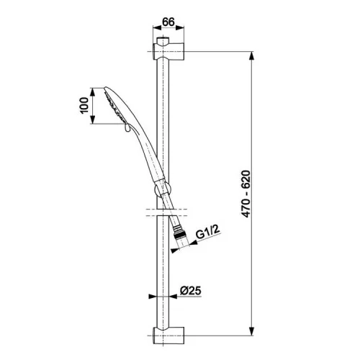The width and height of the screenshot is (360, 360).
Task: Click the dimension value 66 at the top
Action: point(168,22)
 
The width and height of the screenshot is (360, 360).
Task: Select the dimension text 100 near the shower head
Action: point(84,106)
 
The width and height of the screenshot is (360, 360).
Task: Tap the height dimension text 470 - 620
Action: point(246,194)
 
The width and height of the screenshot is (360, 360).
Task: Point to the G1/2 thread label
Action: point(208,232)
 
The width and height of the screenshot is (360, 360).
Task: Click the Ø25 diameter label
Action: point(191,291)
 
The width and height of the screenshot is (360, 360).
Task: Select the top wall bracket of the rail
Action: point(168,51)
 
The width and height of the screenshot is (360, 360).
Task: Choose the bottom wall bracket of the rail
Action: point(168,336)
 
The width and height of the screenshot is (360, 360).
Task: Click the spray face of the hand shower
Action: point(114,105)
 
